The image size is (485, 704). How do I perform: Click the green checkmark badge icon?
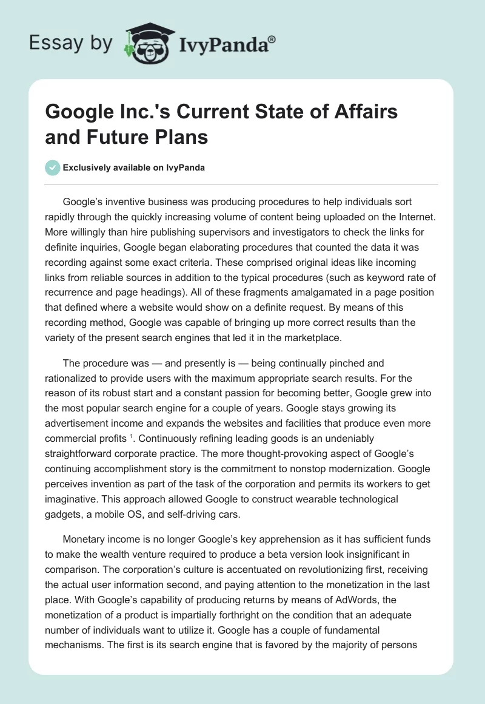(53, 168)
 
